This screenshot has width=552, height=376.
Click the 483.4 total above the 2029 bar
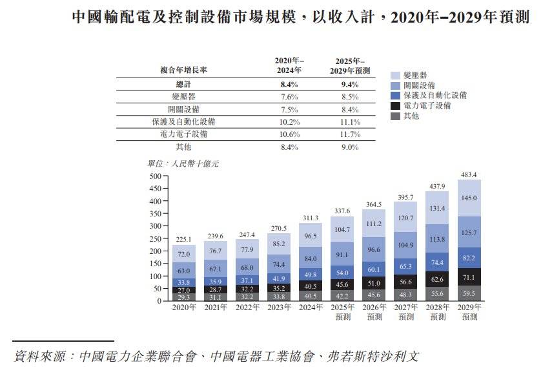click(469, 175)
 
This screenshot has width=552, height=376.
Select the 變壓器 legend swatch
click(396, 75)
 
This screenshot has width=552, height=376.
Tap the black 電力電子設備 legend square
click(396, 105)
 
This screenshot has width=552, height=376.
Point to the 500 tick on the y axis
click(154, 176)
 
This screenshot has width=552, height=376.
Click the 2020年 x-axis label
click(185, 308)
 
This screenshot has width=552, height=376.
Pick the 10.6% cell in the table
click(290, 134)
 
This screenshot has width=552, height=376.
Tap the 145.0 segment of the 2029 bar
click(469, 198)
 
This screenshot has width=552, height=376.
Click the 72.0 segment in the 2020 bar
click(185, 254)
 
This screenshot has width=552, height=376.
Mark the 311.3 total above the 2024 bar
click(312, 219)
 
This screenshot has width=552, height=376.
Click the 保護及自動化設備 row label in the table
click(183, 121)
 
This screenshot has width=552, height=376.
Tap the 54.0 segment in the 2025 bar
click(343, 273)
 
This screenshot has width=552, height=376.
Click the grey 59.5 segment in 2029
click(469, 293)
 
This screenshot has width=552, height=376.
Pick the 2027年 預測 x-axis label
click(406, 312)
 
